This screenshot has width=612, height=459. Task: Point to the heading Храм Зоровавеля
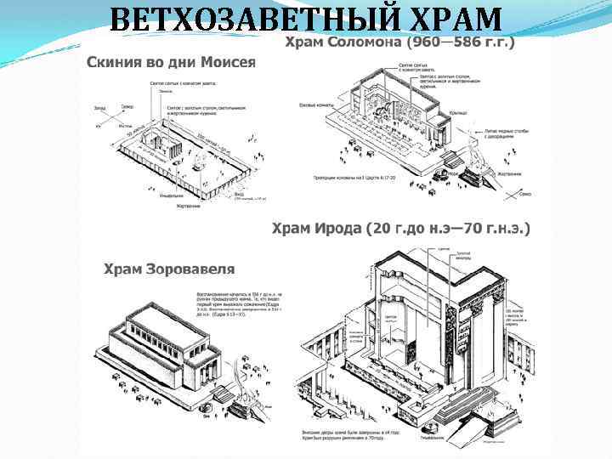point(169,269)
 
